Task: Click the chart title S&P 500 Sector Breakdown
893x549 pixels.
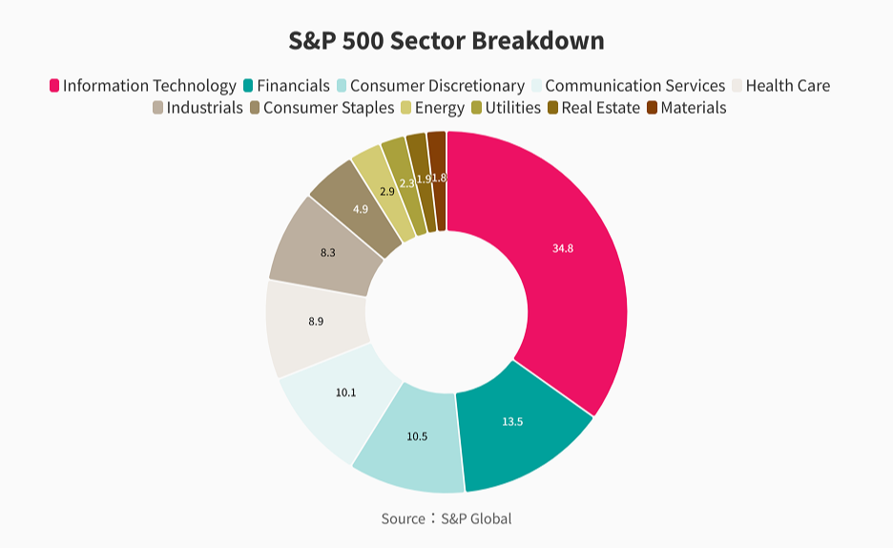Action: [446, 41]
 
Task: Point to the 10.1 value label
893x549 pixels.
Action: [345, 392]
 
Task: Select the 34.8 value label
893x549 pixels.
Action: [563, 248]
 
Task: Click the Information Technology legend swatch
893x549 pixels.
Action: [54, 86]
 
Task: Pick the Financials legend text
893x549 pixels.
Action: [293, 86]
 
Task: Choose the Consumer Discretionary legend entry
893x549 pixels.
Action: [437, 86]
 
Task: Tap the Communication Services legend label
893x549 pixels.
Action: [634, 86]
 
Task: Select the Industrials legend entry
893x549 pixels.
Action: [204, 108]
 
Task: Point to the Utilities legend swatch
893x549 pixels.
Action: [476, 108]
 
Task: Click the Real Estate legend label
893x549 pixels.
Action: [600, 108]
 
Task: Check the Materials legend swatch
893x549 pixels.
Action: [653, 108]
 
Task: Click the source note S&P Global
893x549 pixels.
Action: [446, 518]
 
